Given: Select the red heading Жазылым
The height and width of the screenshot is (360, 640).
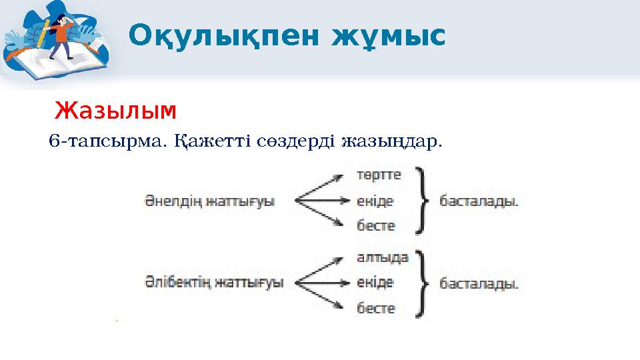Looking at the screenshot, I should click(x=115, y=109).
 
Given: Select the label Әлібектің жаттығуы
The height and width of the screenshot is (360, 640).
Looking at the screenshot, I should click(x=214, y=283).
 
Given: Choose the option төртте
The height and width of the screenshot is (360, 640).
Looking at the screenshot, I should click(x=379, y=175).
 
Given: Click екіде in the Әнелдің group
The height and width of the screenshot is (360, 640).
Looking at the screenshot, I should click(x=375, y=201).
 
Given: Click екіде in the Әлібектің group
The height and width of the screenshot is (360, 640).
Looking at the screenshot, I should click(x=375, y=283).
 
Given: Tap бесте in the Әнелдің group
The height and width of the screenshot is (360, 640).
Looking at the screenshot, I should click(x=376, y=226).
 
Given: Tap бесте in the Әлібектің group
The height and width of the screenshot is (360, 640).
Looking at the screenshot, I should click(x=376, y=308).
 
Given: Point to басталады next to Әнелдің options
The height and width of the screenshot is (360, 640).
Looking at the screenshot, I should click(x=479, y=201).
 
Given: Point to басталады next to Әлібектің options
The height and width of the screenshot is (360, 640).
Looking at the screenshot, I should click(x=479, y=283).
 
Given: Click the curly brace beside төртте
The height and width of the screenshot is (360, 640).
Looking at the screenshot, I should click(x=420, y=201).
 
